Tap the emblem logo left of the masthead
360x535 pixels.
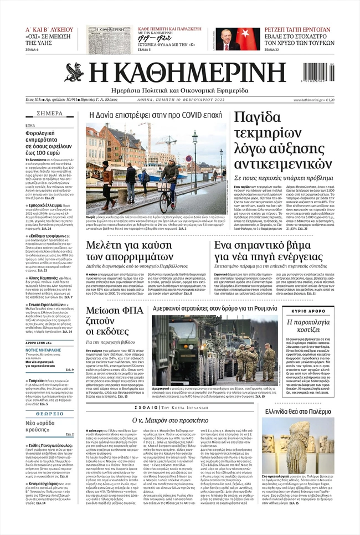coord(74,73)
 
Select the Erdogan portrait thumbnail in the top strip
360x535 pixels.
coord(230,39)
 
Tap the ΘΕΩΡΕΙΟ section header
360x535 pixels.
coord(50,398)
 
